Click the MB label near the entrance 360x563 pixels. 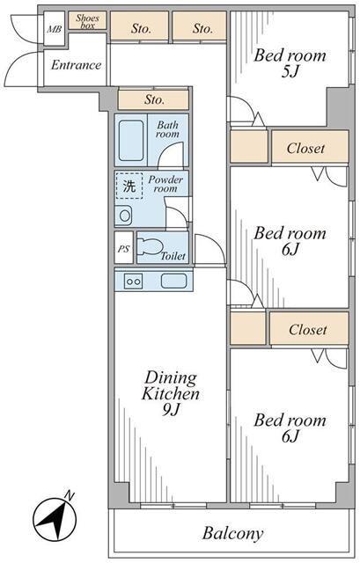coord(55,29)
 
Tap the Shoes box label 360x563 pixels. coord(88,21)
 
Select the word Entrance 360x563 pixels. coord(77,65)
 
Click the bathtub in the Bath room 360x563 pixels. coord(131,141)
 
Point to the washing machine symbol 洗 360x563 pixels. coord(129,186)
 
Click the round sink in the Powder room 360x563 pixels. coord(125,216)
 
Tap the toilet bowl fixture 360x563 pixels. coord(151,246)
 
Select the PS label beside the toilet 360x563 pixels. coord(123,249)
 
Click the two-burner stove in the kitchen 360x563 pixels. coord(133,281)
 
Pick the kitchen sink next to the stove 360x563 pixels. coord(173,281)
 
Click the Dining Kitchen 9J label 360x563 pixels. coord(170,393)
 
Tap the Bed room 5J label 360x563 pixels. coord(290,63)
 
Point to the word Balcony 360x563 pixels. coord(233,534)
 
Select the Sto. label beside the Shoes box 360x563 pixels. coord(141,28)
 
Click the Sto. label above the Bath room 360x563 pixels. coord(154,99)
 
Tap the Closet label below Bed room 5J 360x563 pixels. coord(305,148)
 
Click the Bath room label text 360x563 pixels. coord(167,129)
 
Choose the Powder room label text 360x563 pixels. coord(165,184)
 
